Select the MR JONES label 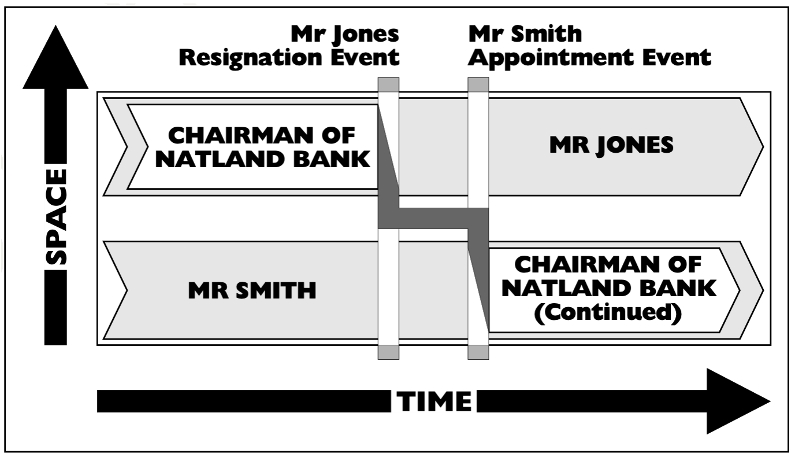612,145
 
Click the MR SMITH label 252,290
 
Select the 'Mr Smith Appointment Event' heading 589,46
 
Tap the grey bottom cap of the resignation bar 388,352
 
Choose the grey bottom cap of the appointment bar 478,352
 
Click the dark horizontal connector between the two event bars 433,218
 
